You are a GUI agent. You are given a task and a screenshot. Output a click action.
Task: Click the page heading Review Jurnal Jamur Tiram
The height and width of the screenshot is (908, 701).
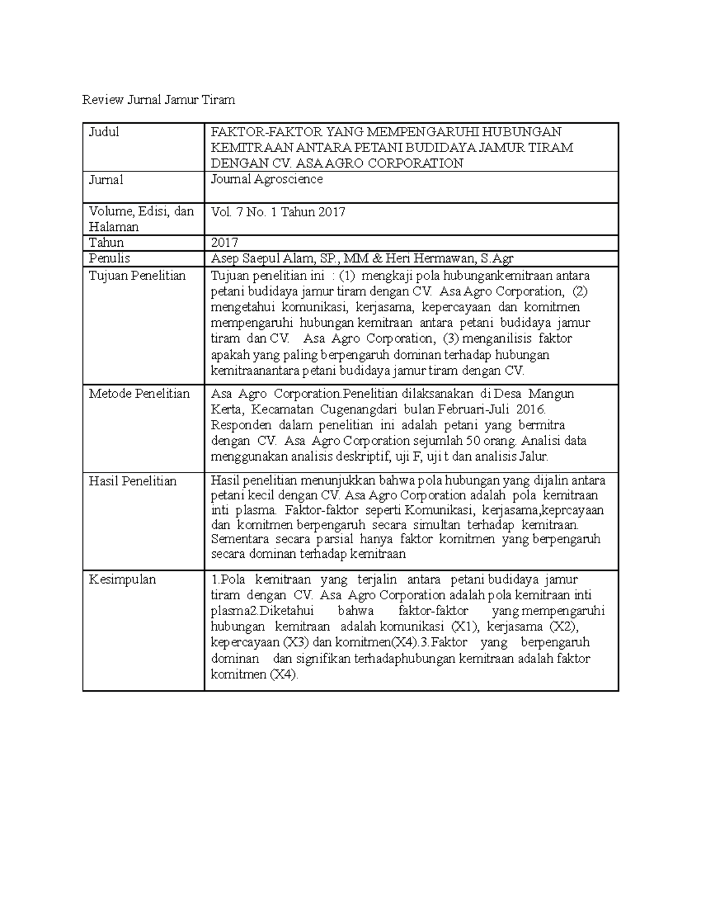click(x=158, y=100)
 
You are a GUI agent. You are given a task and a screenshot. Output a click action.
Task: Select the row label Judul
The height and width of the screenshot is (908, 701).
click(x=104, y=132)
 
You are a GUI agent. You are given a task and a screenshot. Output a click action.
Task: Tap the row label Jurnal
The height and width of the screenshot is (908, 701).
click(x=106, y=180)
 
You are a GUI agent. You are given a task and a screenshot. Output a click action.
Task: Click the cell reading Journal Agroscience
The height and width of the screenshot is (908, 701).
click(x=266, y=179)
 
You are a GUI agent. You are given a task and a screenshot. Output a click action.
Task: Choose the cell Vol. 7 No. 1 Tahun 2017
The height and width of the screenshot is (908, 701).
click(x=277, y=212)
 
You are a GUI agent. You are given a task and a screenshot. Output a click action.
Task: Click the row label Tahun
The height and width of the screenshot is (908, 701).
click(x=106, y=243)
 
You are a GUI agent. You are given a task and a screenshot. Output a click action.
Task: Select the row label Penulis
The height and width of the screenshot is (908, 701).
click(x=109, y=258)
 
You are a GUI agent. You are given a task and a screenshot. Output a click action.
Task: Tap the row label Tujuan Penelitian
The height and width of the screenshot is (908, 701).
click(x=137, y=276)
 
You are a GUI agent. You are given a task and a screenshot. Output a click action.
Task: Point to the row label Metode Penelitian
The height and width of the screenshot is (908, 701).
click(x=139, y=394)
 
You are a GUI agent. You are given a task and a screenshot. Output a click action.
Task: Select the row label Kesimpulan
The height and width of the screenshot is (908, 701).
click(x=123, y=580)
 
